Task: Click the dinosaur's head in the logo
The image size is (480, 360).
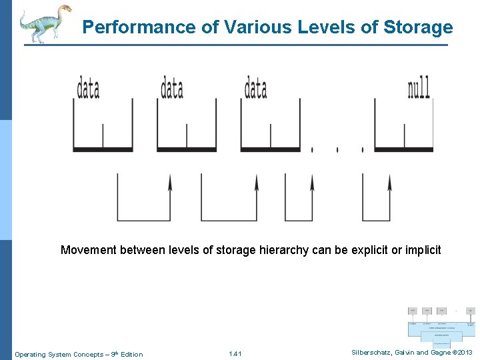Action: [x=65, y=10]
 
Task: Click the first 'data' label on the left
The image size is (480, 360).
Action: [x=88, y=89]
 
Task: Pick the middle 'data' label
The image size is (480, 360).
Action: [x=172, y=89]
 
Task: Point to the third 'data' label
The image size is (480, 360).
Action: [x=256, y=89]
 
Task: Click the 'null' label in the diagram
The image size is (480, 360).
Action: [x=419, y=89]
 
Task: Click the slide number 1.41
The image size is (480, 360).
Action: [x=235, y=354]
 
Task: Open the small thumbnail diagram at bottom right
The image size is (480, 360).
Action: [x=441, y=323]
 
